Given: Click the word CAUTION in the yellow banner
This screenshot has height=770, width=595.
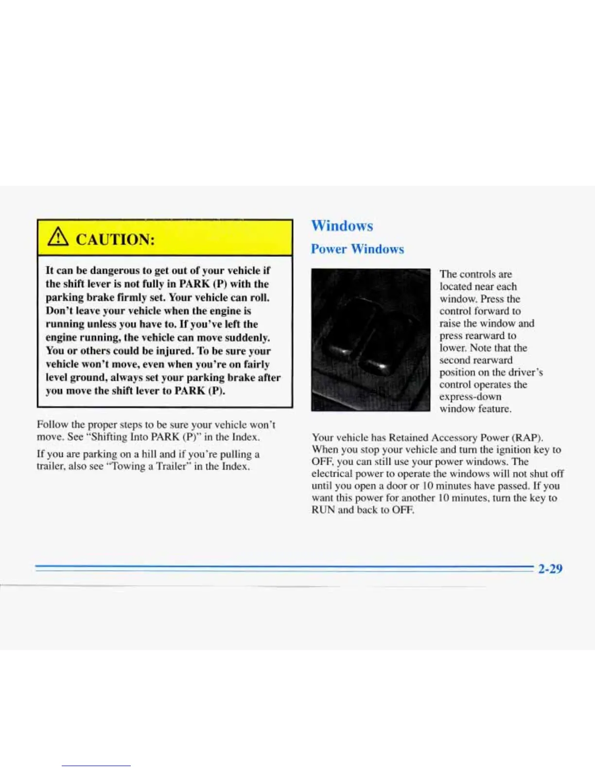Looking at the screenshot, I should point(116,240).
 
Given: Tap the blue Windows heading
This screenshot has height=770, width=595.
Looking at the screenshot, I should point(342,226).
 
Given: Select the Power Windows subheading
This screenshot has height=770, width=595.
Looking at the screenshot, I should point(357,249).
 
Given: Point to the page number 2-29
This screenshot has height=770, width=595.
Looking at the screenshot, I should point(550,568).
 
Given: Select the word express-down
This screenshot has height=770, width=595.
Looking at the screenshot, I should point(470,397).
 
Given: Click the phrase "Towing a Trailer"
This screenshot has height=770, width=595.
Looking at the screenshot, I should point(157,466).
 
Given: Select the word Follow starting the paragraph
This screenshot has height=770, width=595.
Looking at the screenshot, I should point(52,425).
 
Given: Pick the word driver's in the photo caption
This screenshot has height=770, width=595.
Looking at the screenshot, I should point(525,372).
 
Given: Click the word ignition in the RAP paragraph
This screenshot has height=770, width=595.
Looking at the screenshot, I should point(510,450).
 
